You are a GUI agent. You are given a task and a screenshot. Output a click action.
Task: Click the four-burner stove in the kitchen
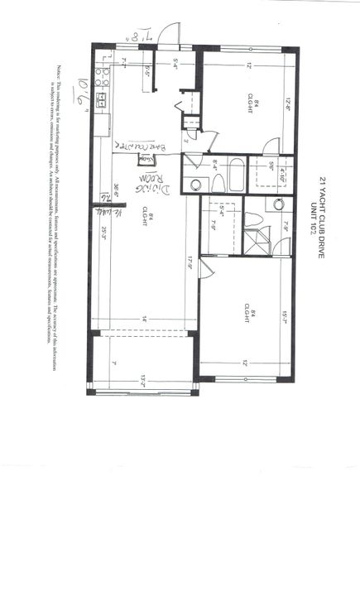pos(102,77)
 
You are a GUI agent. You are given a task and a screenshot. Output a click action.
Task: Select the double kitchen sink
pos(101,100)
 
